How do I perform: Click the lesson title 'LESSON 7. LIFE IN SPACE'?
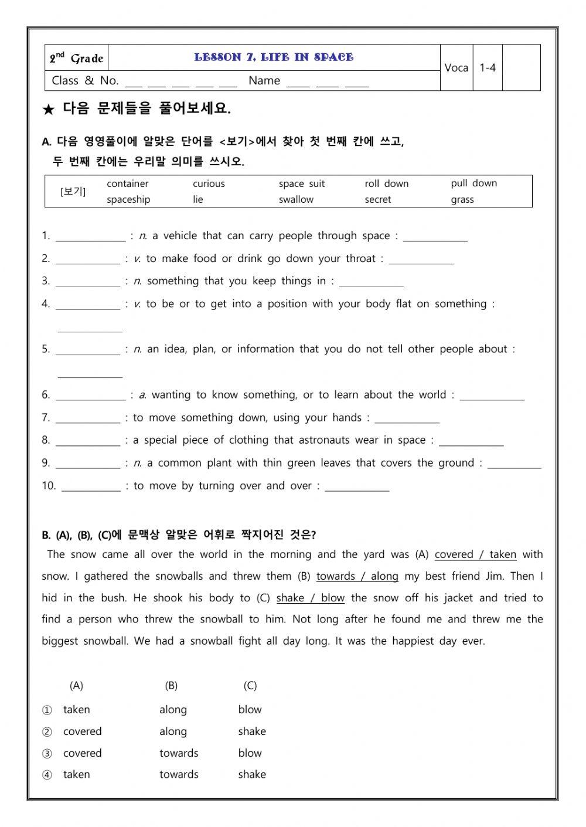point(274,57)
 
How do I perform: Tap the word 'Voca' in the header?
point(456,68)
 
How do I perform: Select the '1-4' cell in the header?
point(487,68)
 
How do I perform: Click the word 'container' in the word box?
point(127,184)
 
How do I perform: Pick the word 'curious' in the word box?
point(209,184)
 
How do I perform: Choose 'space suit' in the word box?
point(301,184)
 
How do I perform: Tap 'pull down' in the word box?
point(473,183)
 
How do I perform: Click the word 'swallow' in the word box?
point(296,200)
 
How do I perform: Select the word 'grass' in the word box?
point(462,200)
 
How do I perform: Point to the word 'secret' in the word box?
point(377,200)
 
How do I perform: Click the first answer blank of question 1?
point(90,237)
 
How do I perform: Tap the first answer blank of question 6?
point(90,396)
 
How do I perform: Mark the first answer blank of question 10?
point(91,486)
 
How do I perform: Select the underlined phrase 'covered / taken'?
point(475,554)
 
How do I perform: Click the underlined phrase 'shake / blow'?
point(310,598)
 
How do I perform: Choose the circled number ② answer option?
point(47,731)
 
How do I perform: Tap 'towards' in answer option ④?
point(179,774)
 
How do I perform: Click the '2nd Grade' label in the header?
point(76,58)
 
